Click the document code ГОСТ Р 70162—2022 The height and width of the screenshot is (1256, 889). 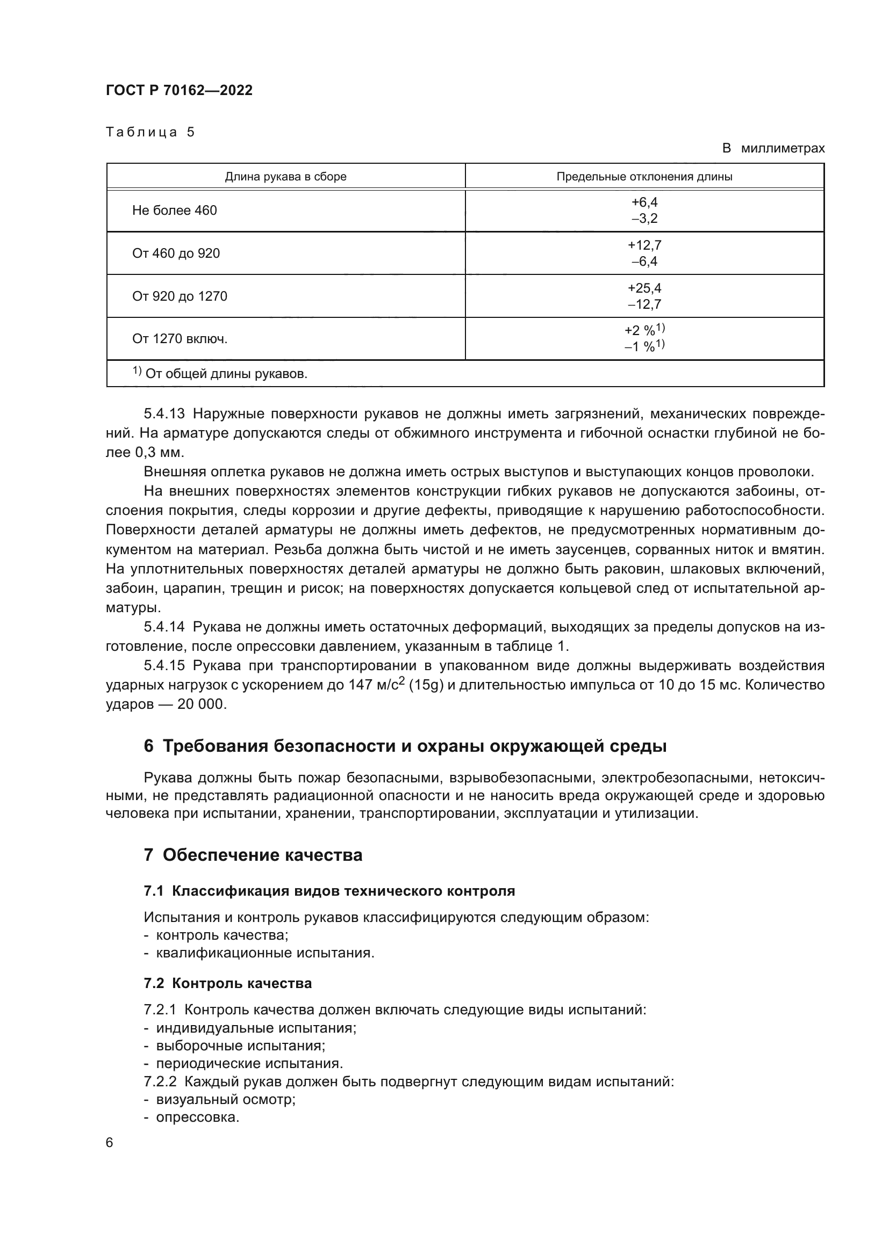tap(179, 90)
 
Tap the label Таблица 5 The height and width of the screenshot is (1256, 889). tap(150, 133)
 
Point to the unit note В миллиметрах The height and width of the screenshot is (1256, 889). tap(773, 148)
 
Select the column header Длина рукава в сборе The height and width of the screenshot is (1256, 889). tap(285, 177)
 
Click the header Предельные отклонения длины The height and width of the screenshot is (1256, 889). tap(644, 177)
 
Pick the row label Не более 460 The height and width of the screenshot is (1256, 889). tap(174, 210)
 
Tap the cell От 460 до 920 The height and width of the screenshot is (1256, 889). tap(176, 253)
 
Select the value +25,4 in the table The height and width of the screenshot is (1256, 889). tap(644, 288)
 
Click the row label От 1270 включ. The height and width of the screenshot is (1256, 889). tap(180, 339)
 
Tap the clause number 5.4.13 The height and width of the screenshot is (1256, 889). tap(164, 413)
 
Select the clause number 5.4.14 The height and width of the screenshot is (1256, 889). tap(164, 627)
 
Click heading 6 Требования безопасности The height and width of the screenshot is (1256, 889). tap(405, 746)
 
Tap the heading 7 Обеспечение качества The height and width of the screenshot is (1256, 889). tap(253, 855)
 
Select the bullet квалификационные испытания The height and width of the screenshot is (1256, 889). tap(265, 953)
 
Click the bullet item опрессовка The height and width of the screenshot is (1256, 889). tap(198, 1117)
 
